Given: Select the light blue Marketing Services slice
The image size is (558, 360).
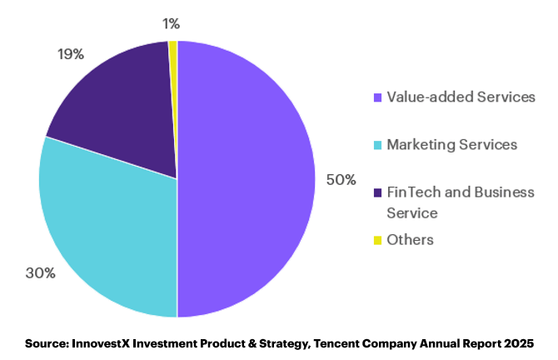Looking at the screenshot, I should click(108, 233).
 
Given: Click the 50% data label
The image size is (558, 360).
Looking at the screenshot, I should click(341, 179).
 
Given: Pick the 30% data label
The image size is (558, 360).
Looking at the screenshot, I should click(40, 272).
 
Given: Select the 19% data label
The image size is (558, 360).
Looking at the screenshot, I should click(70, 54).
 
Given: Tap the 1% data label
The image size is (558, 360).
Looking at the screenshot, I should click(172, 23).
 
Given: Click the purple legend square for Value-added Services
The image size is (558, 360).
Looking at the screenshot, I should click(378, 97).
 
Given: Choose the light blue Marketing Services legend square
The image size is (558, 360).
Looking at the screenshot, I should click(378, 145).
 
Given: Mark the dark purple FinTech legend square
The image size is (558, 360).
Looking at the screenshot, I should click(378, 192).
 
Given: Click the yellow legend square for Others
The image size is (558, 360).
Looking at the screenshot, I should click(378, 240).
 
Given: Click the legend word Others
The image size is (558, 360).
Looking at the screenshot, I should click(411, 239).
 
